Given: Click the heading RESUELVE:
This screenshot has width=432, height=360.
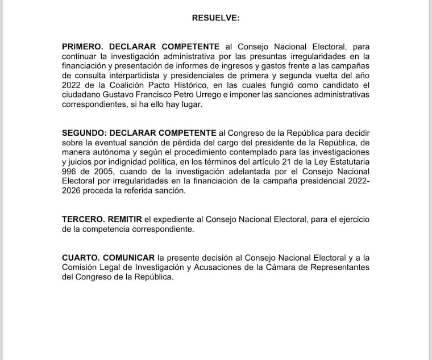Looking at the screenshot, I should point(216,18).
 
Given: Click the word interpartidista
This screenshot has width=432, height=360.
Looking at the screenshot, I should point(141,75).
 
